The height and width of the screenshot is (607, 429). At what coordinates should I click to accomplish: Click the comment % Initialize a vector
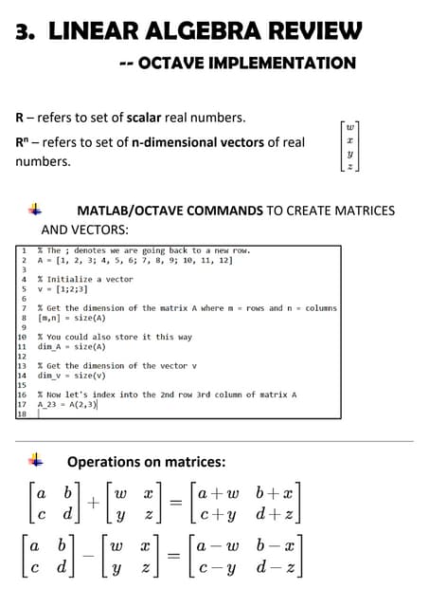pos(84,279)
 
